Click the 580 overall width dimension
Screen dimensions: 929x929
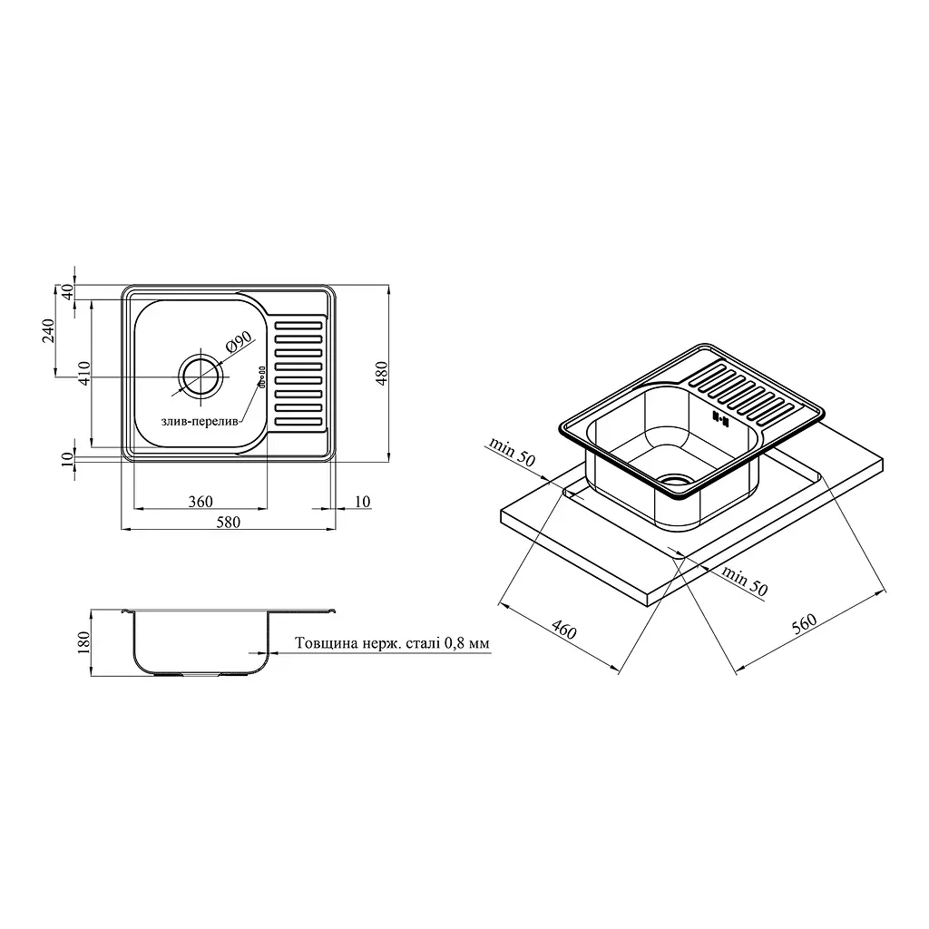coord(228,522)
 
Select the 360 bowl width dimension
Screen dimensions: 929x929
coord(200,501)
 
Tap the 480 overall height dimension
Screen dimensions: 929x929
coord(383,374)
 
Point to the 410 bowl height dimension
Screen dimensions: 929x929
coord(84,373)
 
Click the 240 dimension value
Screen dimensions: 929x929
coord(48,330)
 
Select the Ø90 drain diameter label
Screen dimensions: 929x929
coord(239,343)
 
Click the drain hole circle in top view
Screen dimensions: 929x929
coord(201,376)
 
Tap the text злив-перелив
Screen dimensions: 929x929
coord(200,422)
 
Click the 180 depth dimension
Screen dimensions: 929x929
coord(83,642)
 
